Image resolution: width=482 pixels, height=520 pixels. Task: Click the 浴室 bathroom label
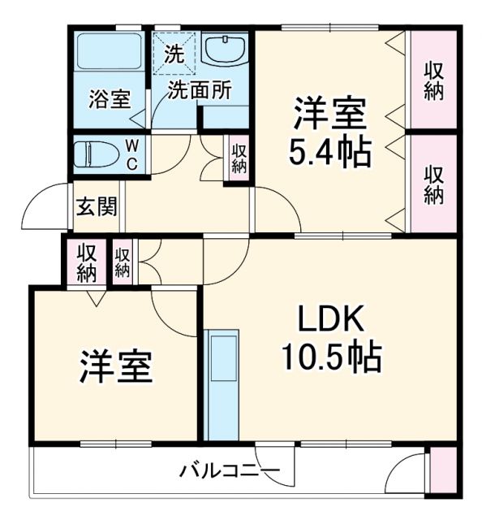[x=109, y=100]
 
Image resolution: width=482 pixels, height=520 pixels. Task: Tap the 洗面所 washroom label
[x=199, y=90]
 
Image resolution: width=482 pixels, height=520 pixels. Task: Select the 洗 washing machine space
[x=174, y=52]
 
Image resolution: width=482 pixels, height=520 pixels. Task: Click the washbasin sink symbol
[x=224, y=50]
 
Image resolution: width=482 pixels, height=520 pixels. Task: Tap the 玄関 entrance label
[x=96, y=206]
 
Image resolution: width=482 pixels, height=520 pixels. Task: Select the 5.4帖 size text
[x=329, y=151]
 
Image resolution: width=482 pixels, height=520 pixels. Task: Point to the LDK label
[x=331, y=318]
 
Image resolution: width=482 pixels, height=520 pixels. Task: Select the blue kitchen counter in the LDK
[x=222, y=383]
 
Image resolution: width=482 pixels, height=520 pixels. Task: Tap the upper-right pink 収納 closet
[x=433, y=80]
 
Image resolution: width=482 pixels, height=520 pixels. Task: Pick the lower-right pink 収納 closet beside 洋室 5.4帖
[x=433, y=184]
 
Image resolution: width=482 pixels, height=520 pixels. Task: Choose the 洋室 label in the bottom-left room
[x=115, y=366]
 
